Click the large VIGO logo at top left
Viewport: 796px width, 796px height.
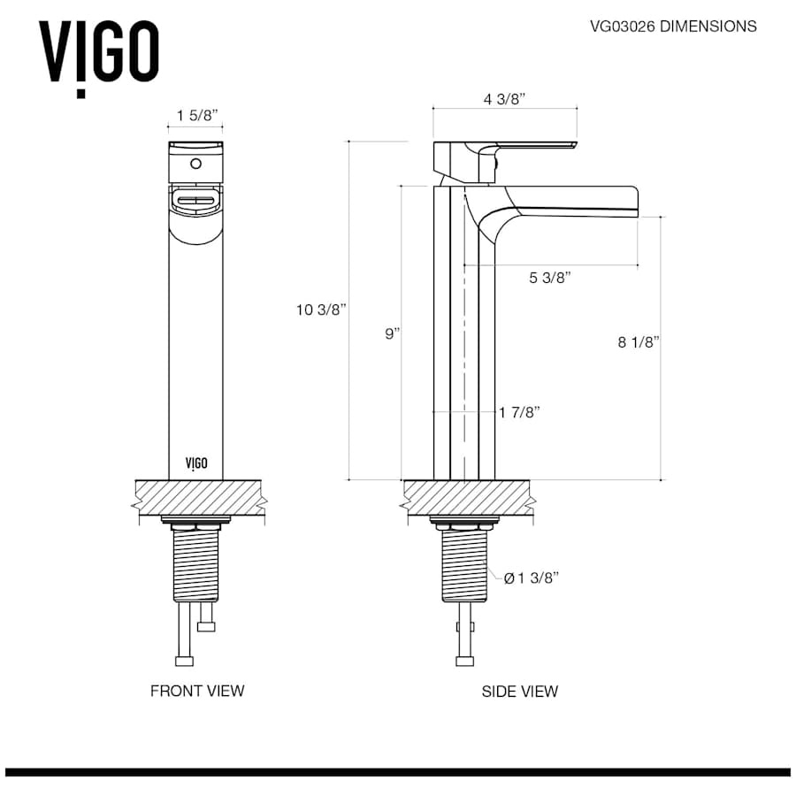point(98,53)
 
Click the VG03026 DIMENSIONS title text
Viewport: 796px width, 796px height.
point(673,27)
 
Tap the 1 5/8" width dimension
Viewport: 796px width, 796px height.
point(196,116)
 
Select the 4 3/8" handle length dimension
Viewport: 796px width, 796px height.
point(504,99)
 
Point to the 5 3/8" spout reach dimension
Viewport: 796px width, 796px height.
point(549,278)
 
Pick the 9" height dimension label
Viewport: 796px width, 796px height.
point(391,333)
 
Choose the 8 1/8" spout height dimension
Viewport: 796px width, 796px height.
point(639,342)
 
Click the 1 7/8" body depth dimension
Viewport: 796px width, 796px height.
point(519,412)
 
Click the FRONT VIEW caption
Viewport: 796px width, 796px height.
point(196,691)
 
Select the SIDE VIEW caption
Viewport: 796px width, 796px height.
point(519,691)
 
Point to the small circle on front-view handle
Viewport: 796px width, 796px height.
point(196,164)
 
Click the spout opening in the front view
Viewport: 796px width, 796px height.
point(195,202)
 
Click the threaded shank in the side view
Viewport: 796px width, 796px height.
point(464,566)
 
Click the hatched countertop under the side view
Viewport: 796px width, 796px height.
point(466,497)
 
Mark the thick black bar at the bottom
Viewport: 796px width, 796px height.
point(398,772)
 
